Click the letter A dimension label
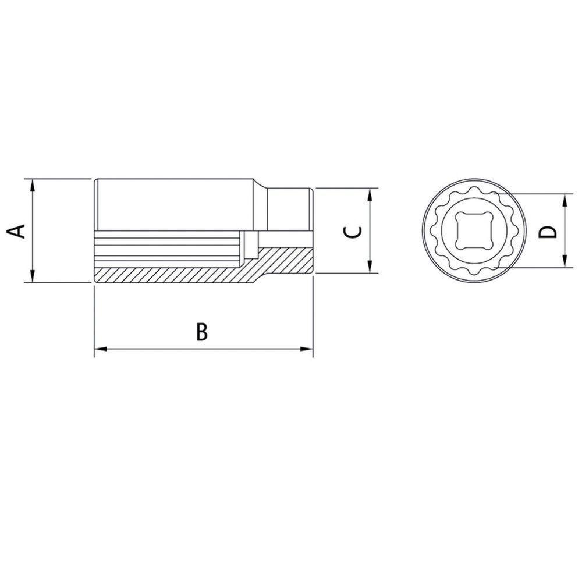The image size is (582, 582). pyautogui.click(x=19, y=230)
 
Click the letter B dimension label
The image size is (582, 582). pyautogui.click(x=201, y=332)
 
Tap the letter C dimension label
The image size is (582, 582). pyautogui.click(x=353, y=232)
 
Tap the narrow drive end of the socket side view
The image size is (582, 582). pyautogui.click(x=289, y=210)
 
